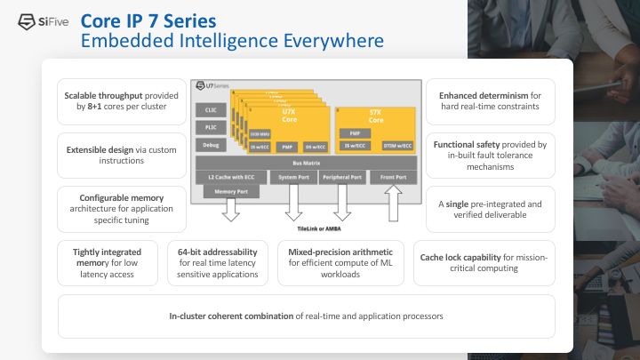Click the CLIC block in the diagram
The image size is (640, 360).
[212, 110]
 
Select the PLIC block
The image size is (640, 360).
[212, 127]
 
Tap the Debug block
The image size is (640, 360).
[212, 144]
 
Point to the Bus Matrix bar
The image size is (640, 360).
[306, 164]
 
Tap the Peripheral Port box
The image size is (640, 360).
[343, 178]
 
